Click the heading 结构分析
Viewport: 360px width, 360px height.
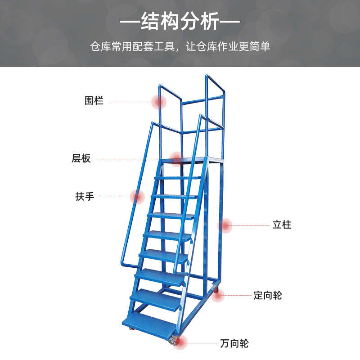(x=180, y=22)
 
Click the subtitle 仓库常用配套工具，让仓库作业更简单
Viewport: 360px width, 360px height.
(x=180, y=47)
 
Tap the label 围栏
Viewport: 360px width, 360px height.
(x=94, y=101)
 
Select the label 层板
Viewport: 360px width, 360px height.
(x=81, y=158)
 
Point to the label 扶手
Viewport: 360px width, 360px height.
(x=85, y=197)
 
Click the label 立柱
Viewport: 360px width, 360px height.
(x=282, y=225)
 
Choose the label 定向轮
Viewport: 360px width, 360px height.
(x=268, y=296)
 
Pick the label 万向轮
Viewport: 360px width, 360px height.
(x=234, y=344)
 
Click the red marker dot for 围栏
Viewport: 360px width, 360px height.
(x=159, y=102)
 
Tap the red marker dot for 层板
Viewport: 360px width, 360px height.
(x=176, y=158)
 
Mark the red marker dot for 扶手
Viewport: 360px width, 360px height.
(x=137, y=197)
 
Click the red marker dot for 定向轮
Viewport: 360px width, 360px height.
(x=218, y=295)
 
